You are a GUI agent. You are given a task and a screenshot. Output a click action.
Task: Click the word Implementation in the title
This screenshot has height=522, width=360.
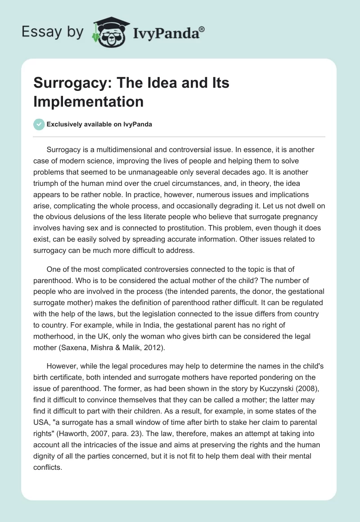[88, 101]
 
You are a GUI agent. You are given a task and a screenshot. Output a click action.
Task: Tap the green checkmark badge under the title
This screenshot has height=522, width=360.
[39, 124]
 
